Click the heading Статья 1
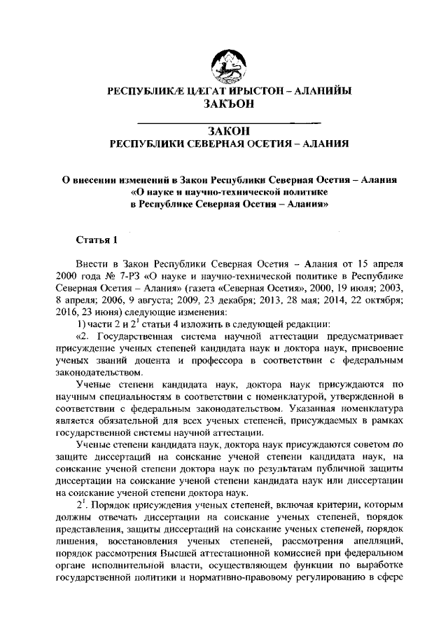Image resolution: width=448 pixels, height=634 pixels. (x=97, y=240)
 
